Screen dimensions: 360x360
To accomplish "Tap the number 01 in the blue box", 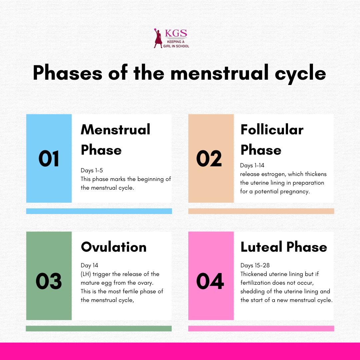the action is [49, 159].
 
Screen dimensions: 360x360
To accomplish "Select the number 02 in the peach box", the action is [209, 159].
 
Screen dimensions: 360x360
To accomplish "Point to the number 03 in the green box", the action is [49, 281].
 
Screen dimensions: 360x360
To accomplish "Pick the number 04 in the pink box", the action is [210, 281].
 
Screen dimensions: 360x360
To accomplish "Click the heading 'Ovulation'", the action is [114, 247].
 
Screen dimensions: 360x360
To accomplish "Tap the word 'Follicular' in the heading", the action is [272, 130].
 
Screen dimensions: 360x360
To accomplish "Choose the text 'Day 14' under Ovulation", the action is [89, 265].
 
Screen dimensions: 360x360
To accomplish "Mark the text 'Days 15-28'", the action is [255, 265].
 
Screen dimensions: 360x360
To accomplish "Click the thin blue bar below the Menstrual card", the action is [99, 211].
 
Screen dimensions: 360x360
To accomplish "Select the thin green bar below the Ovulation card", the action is [99, 328].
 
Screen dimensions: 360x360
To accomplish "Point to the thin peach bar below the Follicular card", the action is [261, 211].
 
